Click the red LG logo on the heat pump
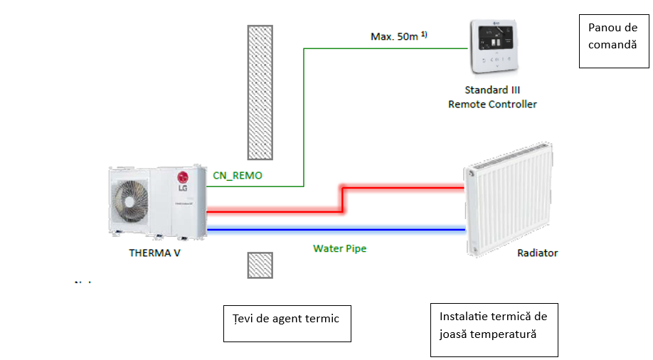tap(183, 177)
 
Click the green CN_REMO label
tap(238, 174)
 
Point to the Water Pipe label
tap(340, 249)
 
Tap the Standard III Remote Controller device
tap(492, 48)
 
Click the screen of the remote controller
tap(491, 36)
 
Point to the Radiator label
tap(538, 253)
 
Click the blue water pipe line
tap(334, 229)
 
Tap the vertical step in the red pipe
tap(342, 200)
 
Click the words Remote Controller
tap(492, 105)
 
